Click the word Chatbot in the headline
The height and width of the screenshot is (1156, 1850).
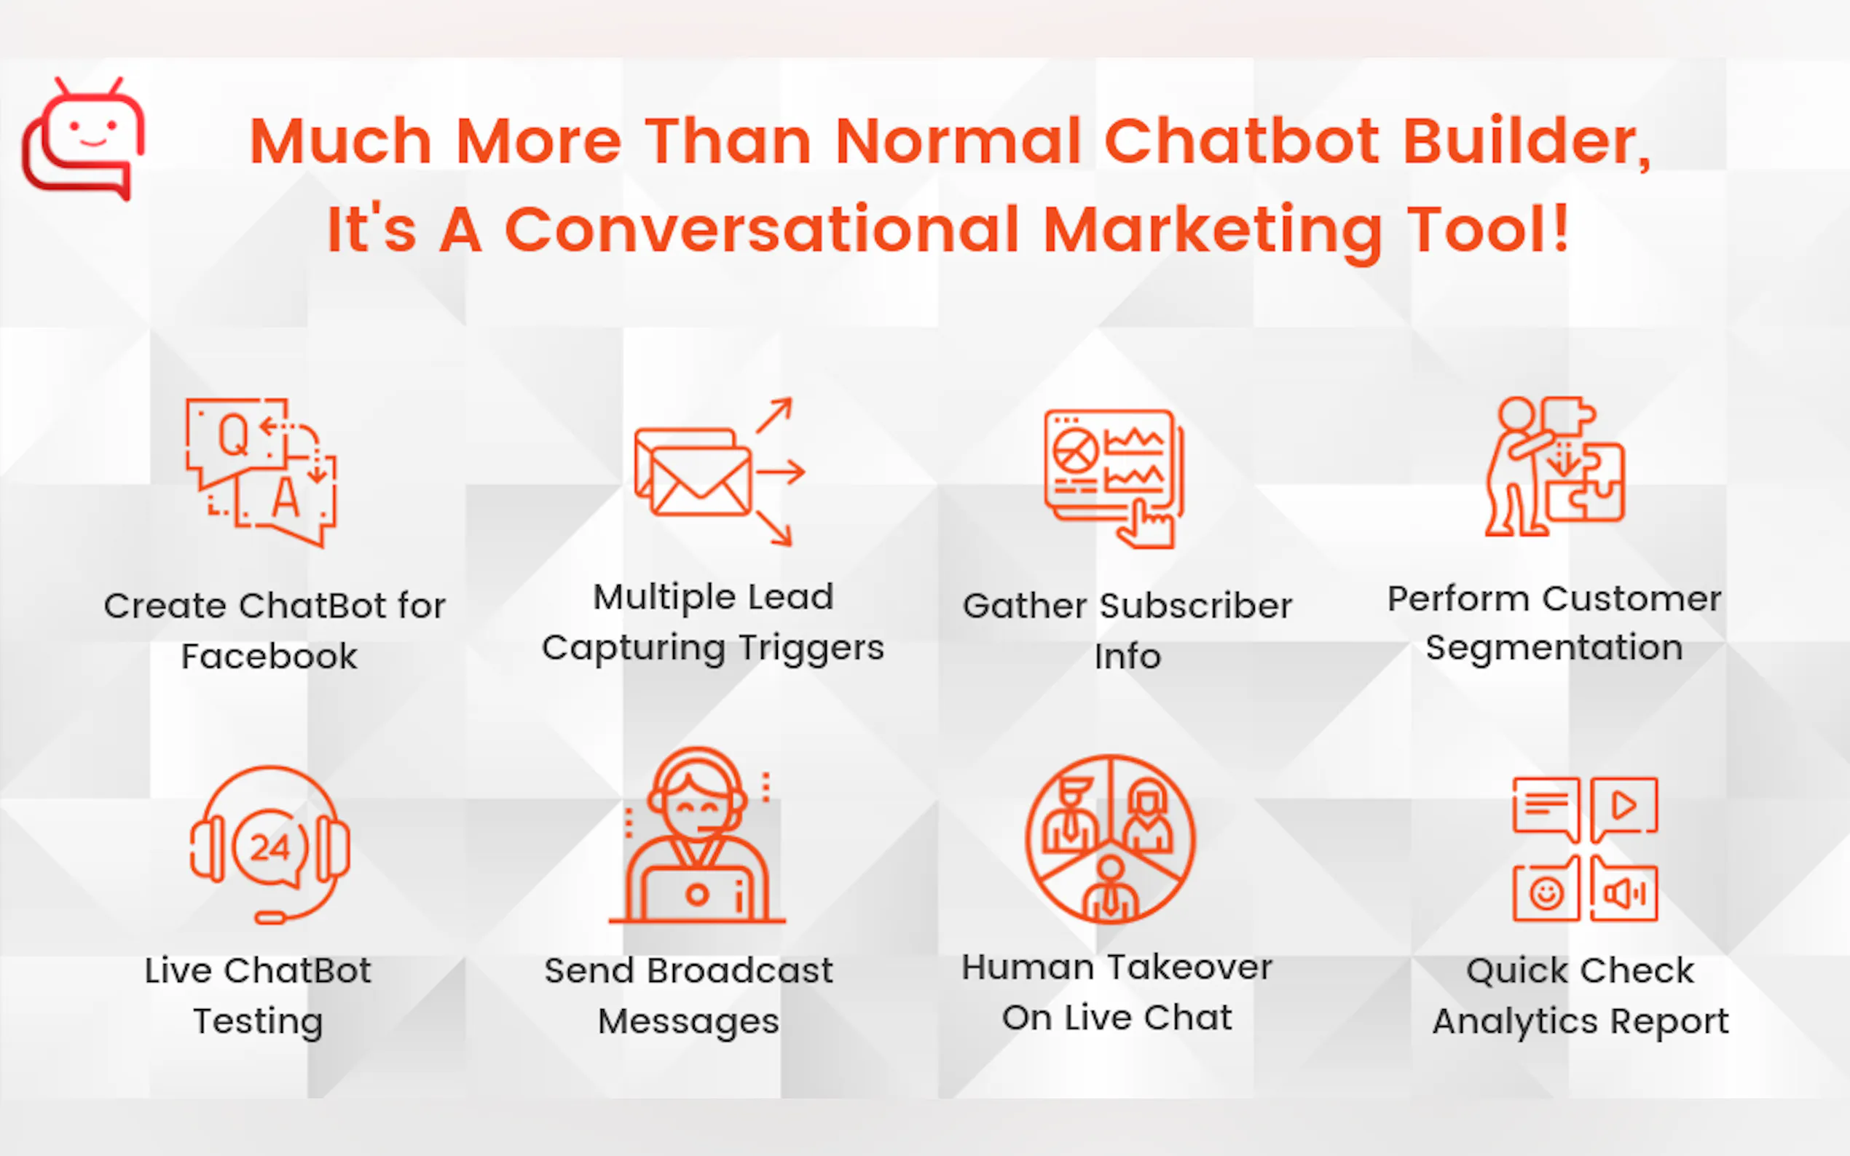[x=1241, y=141]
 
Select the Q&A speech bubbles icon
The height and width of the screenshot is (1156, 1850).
[x=261, y=472]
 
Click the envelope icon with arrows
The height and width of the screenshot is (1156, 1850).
[x=720, y=472]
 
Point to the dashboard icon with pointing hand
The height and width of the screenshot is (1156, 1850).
[x=1114, y=478]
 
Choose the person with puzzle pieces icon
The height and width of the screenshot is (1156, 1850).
[x=1555, y=467]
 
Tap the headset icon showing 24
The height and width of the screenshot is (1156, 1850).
[x=270, y=845]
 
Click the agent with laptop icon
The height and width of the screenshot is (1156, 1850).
[x=697, y=836]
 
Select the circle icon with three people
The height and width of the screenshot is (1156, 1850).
[x=1111, y=839]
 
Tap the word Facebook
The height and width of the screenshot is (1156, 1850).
[x=269, y=657]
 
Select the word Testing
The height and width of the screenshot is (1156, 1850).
[x=259, y=1021]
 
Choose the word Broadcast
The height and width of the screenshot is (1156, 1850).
[x=739, y=971]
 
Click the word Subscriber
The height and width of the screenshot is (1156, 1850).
[x=1196, y=606]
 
